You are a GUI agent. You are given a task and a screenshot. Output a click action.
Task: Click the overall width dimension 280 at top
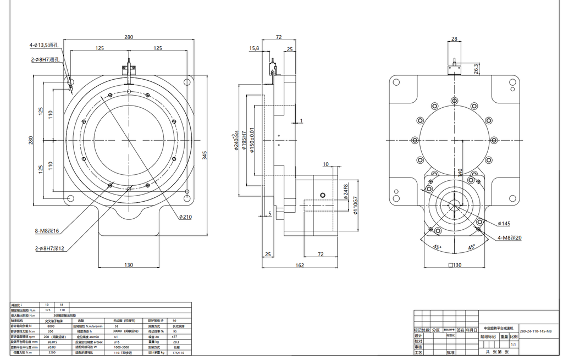[x=128, y=37]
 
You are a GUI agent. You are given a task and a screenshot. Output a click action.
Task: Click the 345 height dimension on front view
[x=205, y=156]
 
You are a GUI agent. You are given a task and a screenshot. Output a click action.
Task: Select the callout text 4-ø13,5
[x=38, y=46]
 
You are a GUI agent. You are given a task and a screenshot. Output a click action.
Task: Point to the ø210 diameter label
[x=185, y=217]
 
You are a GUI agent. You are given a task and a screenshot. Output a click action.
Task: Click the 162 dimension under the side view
[x=299, y=265]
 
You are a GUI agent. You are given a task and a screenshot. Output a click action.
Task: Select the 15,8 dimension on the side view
[x=254, y=48]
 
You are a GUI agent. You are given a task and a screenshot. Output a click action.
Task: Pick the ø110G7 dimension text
[x=356, y=205]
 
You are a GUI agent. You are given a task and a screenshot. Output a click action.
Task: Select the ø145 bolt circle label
[x=504, y=224]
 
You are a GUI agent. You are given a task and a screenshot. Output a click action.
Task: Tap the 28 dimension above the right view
[x=454, y=39]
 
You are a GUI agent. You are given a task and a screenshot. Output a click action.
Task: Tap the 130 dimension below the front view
[x=128, y=265]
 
